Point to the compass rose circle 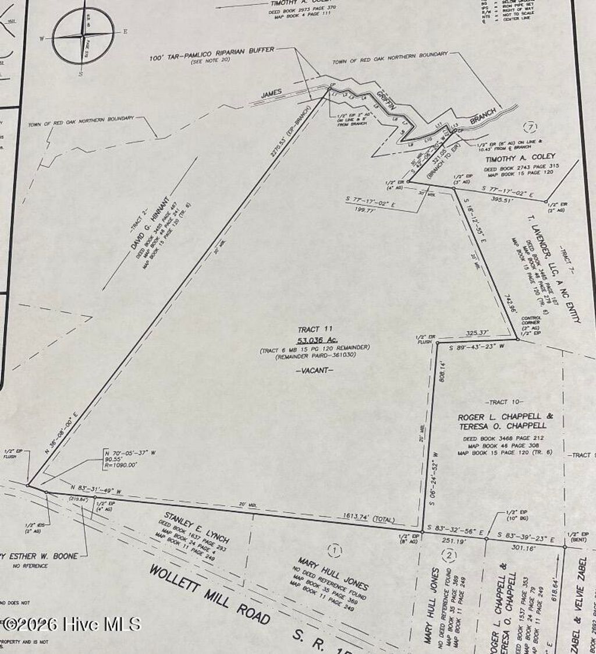(x=83, y=35)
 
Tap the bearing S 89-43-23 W (x=476, y=346)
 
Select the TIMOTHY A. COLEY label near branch (x=512, y=156)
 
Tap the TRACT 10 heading (x=505, y=402)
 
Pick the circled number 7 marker (x=530, y=127)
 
